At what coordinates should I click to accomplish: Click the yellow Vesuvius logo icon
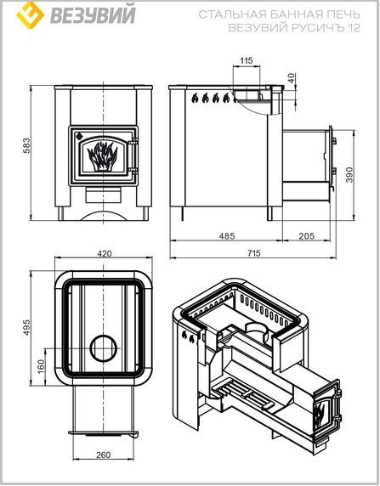point(30,15)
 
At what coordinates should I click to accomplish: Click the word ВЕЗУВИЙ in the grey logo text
point(93,14)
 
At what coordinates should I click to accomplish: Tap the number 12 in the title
point(354,28)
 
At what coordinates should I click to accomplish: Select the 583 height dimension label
point(26,145)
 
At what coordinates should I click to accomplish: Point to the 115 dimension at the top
point(247,60)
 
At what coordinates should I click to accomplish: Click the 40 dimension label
point(292,78)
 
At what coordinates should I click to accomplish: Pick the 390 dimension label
point(349,175)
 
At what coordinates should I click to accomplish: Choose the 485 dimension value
point(227,236)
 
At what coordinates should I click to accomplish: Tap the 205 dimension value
point(307,236)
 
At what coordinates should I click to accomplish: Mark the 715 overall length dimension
point(253,253)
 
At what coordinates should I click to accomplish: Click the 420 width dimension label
point(105,253)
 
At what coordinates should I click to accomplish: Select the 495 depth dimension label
point(26,327)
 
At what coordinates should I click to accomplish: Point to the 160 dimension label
point(41,367)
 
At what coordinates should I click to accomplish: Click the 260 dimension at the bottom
point(104,455)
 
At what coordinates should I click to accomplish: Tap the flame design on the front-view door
point(102,156)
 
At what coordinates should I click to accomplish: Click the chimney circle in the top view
point(104,348)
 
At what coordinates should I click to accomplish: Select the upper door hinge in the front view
point(133,142)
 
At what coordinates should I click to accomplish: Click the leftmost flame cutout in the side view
point(195,98)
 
